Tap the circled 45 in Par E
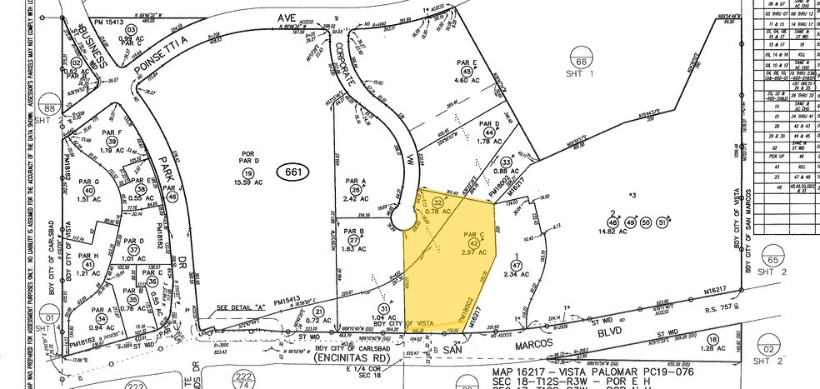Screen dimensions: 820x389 (x=466, y=72)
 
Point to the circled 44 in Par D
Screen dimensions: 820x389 (x=489, y=131)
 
